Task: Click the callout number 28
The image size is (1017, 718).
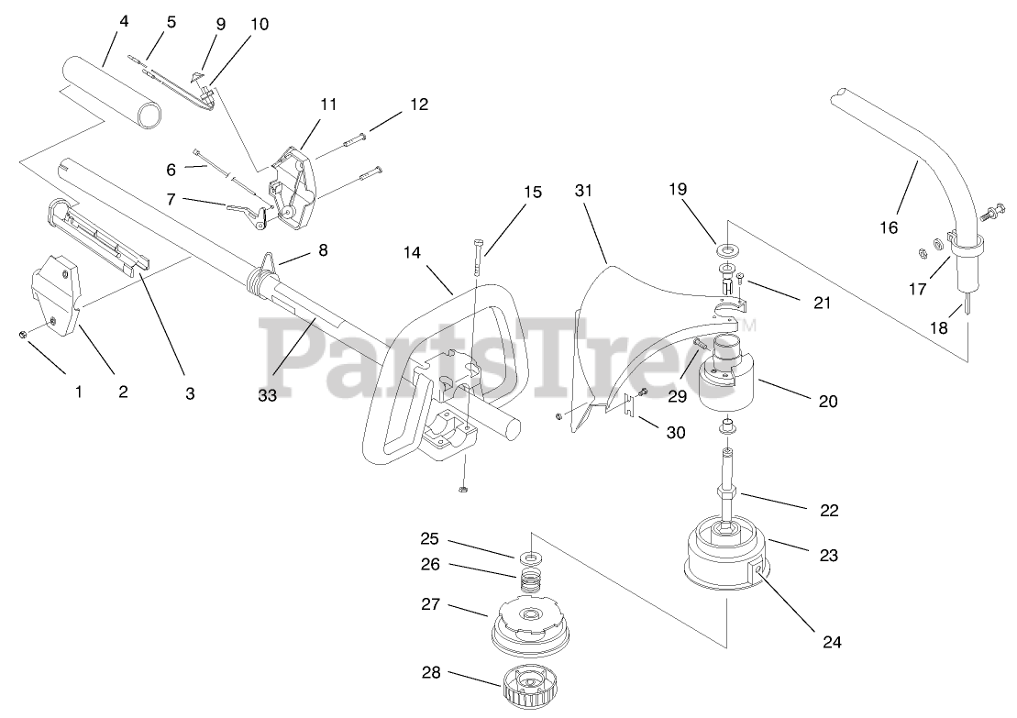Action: pyautogui.click(x=431, y=672)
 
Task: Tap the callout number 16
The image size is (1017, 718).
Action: pyautogui.click(x=888, y=227)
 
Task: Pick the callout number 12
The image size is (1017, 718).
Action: pyautogui.click(x=418, y=105)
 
